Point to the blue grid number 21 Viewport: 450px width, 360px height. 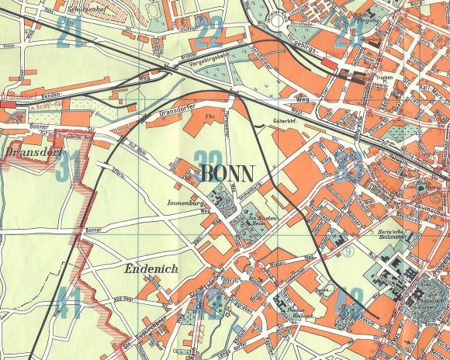[x=70, y=33]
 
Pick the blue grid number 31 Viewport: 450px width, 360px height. [x=69, y=166]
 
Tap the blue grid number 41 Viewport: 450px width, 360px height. [x=67, y=303]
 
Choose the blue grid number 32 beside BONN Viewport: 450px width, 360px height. [x=209, y=159]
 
